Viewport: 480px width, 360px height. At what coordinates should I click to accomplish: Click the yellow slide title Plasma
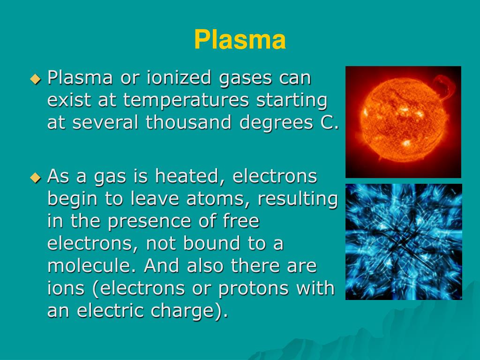(240, 40)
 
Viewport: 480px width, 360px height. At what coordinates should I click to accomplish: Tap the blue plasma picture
(404, 241)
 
